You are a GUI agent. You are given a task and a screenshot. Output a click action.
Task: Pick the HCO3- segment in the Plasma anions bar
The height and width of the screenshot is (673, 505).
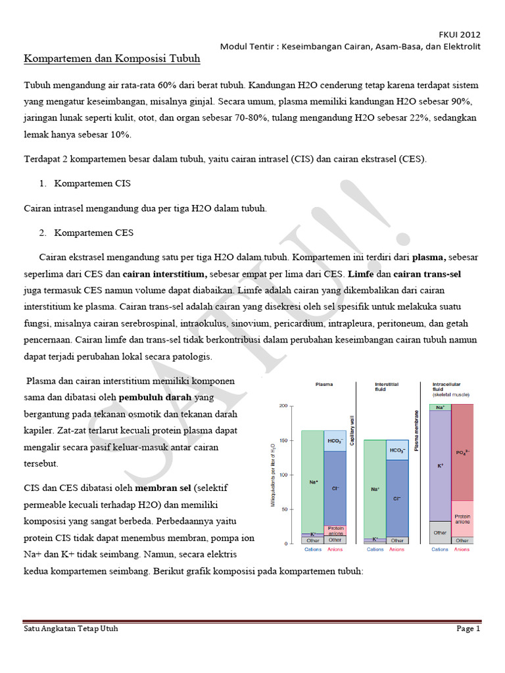[x=335, y=441]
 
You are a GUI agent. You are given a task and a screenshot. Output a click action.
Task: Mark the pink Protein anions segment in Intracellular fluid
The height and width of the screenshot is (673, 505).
[x=462, y=519]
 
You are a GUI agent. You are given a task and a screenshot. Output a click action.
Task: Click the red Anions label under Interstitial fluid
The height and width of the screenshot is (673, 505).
[x=397, y=549]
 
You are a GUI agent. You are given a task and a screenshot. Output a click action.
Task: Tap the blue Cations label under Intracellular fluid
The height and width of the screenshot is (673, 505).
[x=440, y=549]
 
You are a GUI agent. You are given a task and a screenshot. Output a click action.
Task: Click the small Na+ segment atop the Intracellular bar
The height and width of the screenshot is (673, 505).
[x=440, y=407]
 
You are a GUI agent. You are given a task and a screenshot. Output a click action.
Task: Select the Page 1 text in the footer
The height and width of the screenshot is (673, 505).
[x=469, y=629]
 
